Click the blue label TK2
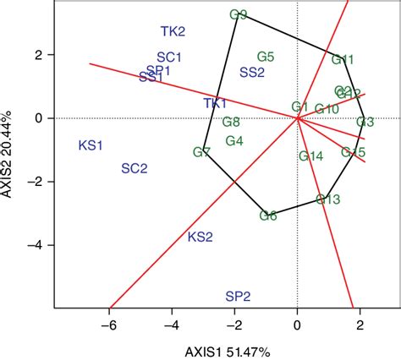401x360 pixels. tap(173, 32)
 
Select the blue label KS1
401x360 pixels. tap(91, 146)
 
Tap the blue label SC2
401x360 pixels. tap(135, 168)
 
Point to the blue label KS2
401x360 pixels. tap(200, 237)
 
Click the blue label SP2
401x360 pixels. tap(238, 297)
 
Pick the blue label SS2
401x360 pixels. tap(252, 73)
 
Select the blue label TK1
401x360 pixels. tap(215, 103)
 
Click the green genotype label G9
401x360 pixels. tap(239, 14)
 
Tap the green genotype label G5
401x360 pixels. tap(266, 57)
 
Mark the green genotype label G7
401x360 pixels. tap(201, 153)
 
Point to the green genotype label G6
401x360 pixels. tap(268, 215)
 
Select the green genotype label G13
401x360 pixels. tap(328, 199)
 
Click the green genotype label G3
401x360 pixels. tap(365, 123)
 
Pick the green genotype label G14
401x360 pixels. tap(311, 155)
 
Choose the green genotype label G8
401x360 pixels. tap(231, 123)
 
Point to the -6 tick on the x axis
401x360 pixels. tap(109, 325)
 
